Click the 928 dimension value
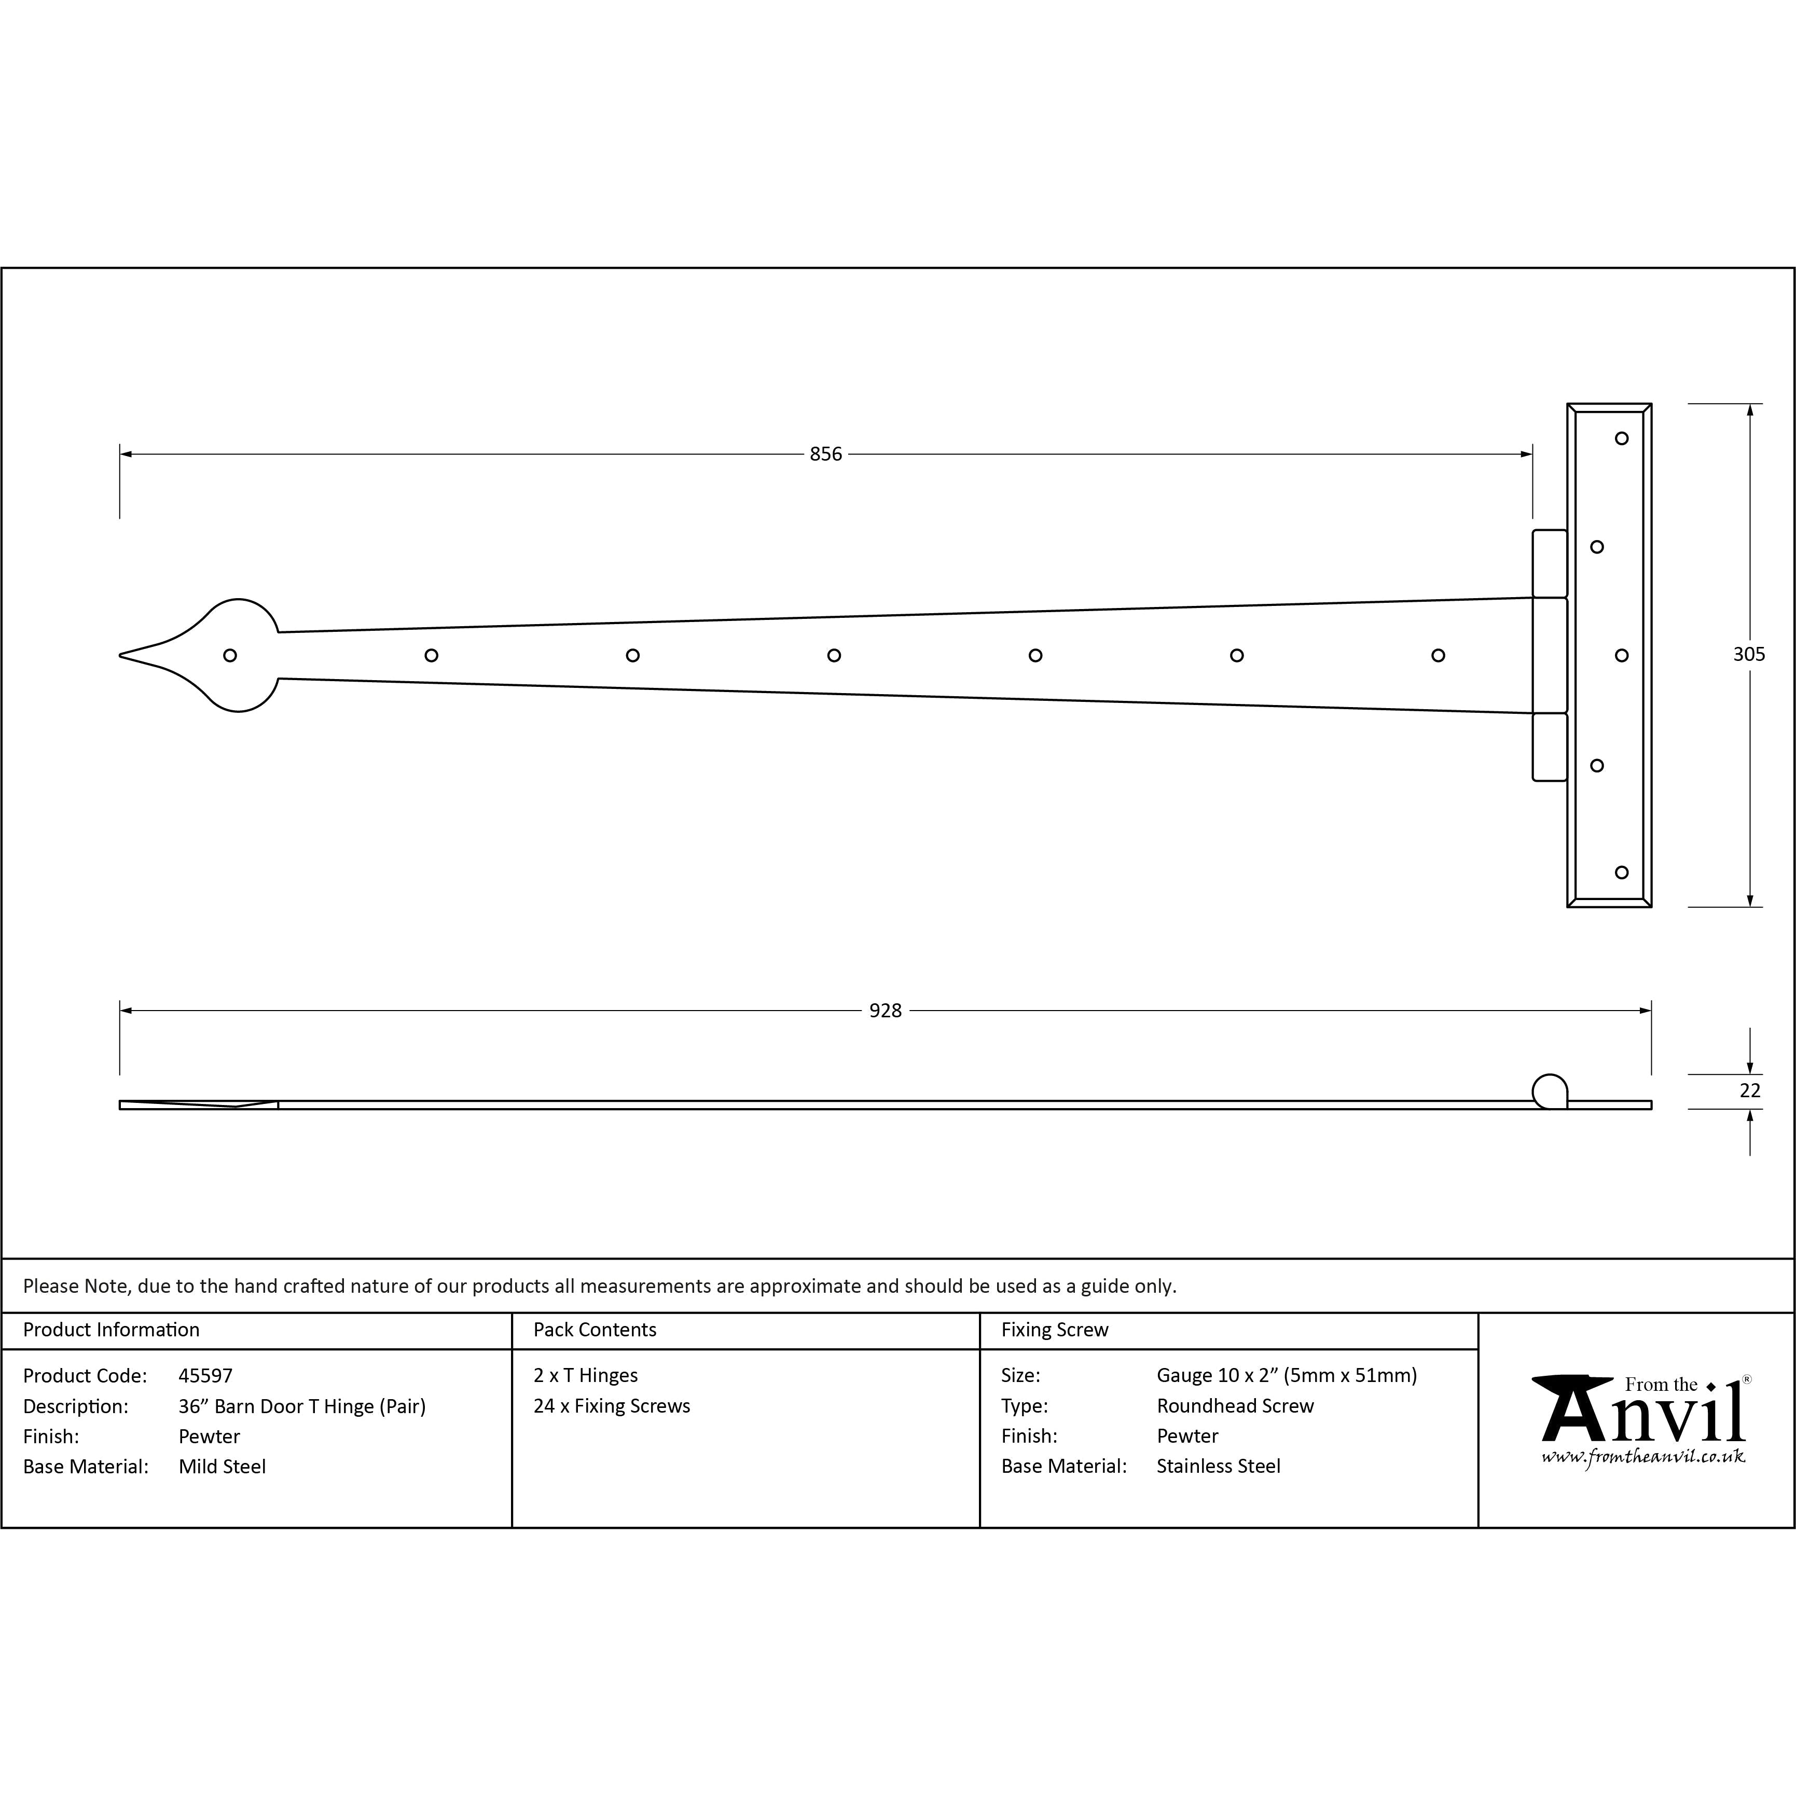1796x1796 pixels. coord(885,1011)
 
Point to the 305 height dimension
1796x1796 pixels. coord(1749,655)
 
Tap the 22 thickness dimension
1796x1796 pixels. coord(1749,1090)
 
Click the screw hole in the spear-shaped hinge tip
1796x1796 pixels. coord(230,655)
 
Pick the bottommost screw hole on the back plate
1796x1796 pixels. coord(1622,872)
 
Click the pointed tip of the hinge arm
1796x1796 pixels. coord(120,655)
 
